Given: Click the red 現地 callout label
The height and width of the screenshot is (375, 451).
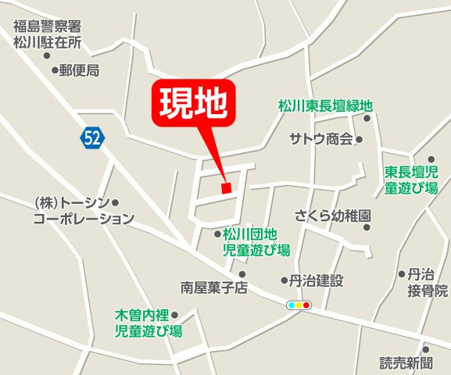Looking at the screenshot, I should click(x=193, y=102).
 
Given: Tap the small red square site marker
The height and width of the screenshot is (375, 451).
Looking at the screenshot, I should click(x=226, y=187).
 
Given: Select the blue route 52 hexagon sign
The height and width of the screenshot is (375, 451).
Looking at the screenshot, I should click(x=91, y=138).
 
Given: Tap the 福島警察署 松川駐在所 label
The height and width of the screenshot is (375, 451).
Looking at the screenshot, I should click(x=48, y=34).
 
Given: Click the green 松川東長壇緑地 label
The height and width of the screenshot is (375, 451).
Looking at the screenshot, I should click(x=326, y=105).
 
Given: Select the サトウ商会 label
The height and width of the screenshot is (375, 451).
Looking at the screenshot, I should click(x=320, y=140).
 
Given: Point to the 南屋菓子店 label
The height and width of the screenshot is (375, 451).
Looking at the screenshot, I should click(x=213, y=287).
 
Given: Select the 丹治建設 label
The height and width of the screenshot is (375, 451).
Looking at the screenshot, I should click(x=317, y=280).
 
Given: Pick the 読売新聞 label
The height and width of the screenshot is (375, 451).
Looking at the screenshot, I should click(x=406, y=363).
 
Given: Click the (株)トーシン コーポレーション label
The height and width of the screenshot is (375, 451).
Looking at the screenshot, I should click(x=83, y=211).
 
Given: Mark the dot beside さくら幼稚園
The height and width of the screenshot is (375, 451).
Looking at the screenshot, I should click(x=367, y=227).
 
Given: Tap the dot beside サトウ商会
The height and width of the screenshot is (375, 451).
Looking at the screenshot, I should click(x=360, y=141).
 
